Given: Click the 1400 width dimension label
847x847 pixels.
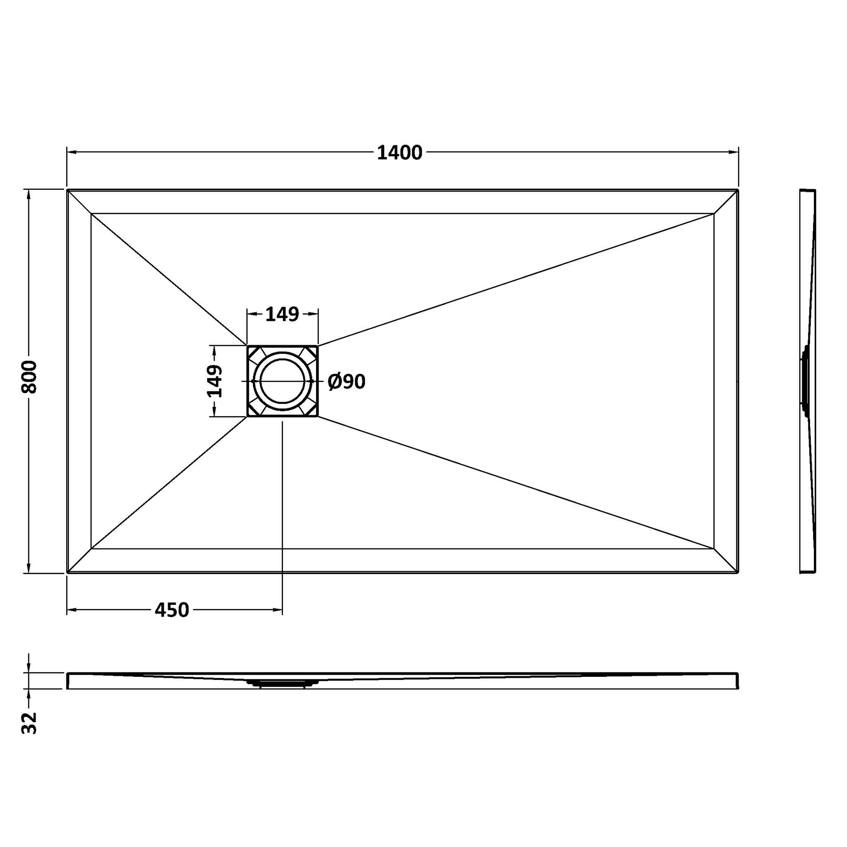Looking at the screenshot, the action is (400, 153).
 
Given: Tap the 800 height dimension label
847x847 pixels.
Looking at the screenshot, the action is (30, 376).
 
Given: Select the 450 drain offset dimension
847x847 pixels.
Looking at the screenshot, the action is (172, 610).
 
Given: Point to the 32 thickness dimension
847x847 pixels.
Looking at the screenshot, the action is (30, 723).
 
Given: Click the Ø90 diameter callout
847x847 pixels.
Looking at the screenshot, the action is (346, 382).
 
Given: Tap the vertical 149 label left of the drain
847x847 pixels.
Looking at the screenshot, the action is (215, 380).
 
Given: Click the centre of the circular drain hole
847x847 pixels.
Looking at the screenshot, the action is (282, 380).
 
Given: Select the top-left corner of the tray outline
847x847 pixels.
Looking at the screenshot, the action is (67, 190).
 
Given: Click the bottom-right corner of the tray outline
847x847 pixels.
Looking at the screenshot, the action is (739, 572).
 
